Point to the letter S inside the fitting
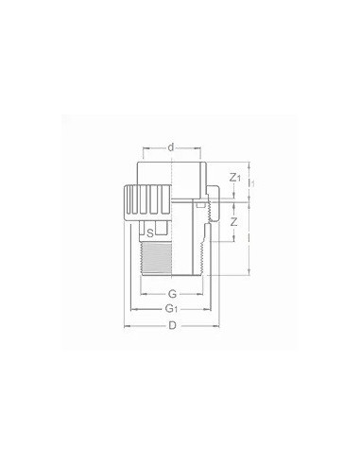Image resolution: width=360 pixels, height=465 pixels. (x=151, y=232)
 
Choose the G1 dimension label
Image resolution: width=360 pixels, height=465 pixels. (x=172, y=309)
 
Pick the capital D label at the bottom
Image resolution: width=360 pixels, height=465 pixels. (x=172, y=326)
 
